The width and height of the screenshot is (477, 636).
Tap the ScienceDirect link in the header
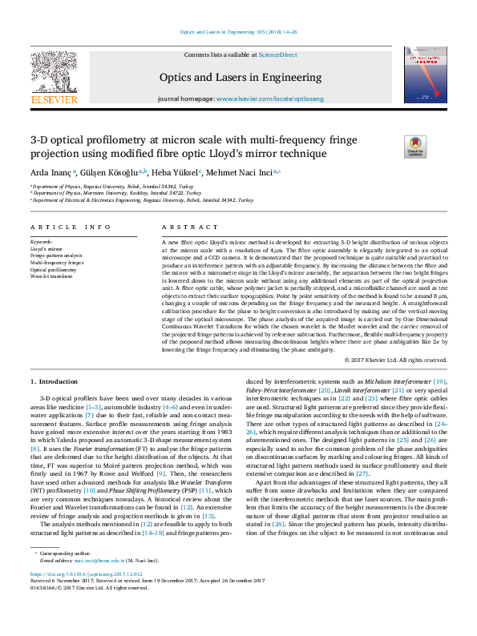tap(277, 54)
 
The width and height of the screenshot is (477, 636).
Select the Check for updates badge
tap(414, 146)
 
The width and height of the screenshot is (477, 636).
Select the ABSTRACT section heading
tap(179, 227)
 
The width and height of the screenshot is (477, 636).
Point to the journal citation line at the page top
tap(238, 32)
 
